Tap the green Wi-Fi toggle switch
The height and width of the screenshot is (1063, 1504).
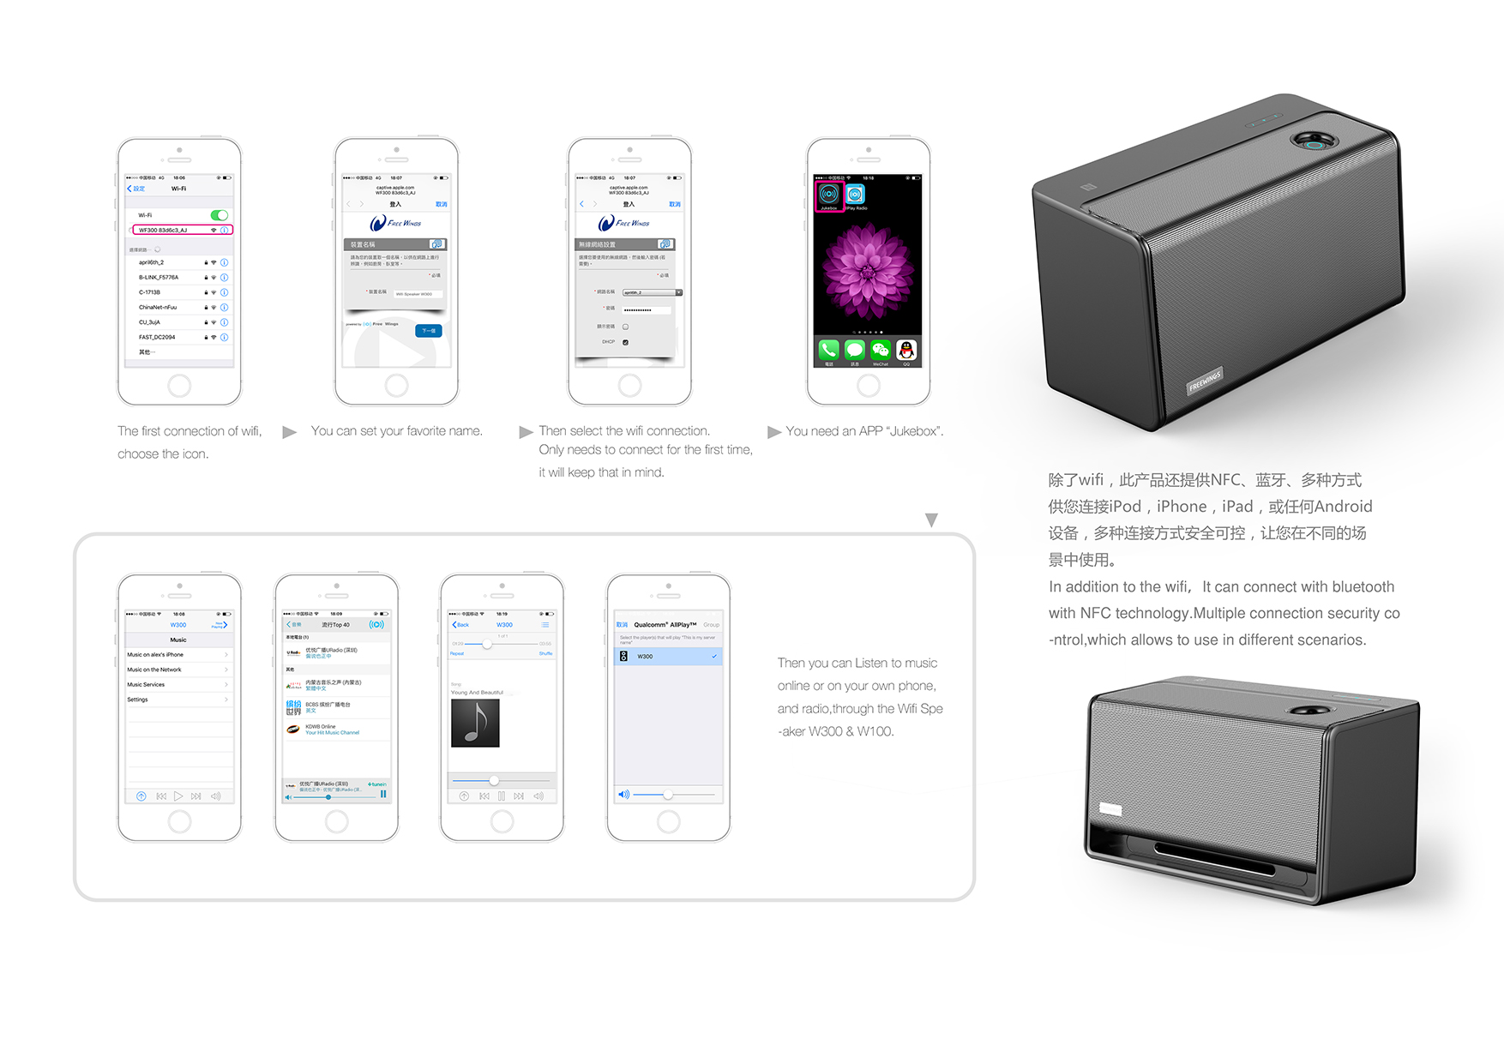(x=220, y=215)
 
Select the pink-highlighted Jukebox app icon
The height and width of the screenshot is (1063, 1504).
(x=829, y=195)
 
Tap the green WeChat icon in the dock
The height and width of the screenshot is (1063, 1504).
(x=881, y=350)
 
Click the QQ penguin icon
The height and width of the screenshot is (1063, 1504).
(x=906, y=350)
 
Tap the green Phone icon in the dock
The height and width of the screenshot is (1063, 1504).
(x=828, y=350)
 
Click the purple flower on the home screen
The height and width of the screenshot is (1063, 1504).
(x=867, y=270)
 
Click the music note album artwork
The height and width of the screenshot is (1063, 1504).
(x=475, y=723)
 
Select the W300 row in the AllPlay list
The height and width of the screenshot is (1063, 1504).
(x=668, y=657)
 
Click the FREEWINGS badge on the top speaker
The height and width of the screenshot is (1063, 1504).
(x=1204, y=380)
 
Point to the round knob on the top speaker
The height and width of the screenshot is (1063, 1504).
(x=1312, y=140)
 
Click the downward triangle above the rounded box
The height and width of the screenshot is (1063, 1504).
(x=931, y=519)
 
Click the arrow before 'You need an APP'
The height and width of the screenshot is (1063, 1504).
(x=774, y=432)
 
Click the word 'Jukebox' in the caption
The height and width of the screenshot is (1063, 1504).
(x=913, y=431)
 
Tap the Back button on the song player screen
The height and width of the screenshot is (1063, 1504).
(x=460, y=625)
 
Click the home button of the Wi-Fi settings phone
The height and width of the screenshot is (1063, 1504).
(x=179, y=386)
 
